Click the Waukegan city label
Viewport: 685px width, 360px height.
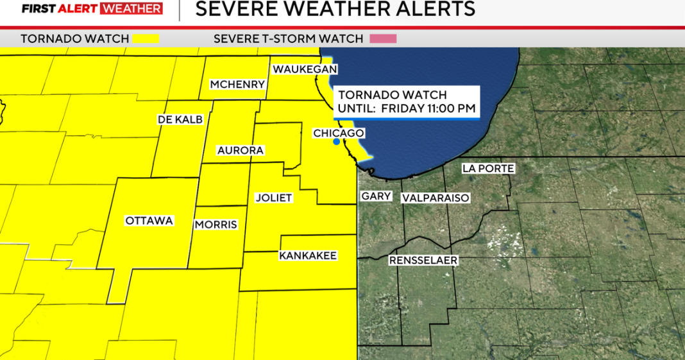305,69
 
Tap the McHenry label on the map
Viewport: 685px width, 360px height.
237,85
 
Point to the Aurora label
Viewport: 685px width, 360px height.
241,150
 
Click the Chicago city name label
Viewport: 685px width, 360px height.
339,133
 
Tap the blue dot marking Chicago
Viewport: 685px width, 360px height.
336,142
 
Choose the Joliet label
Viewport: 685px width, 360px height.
273,198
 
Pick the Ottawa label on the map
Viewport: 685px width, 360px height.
149,221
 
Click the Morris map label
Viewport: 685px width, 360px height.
216,225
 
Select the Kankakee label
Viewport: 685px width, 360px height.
308,255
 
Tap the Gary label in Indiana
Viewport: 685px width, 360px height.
376,196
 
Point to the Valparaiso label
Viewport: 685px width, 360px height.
436,198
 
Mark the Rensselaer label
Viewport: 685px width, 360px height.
423,261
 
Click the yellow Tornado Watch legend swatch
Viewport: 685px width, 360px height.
145,39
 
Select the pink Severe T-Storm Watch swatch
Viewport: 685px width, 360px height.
383,39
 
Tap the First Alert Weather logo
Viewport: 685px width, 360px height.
91,9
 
